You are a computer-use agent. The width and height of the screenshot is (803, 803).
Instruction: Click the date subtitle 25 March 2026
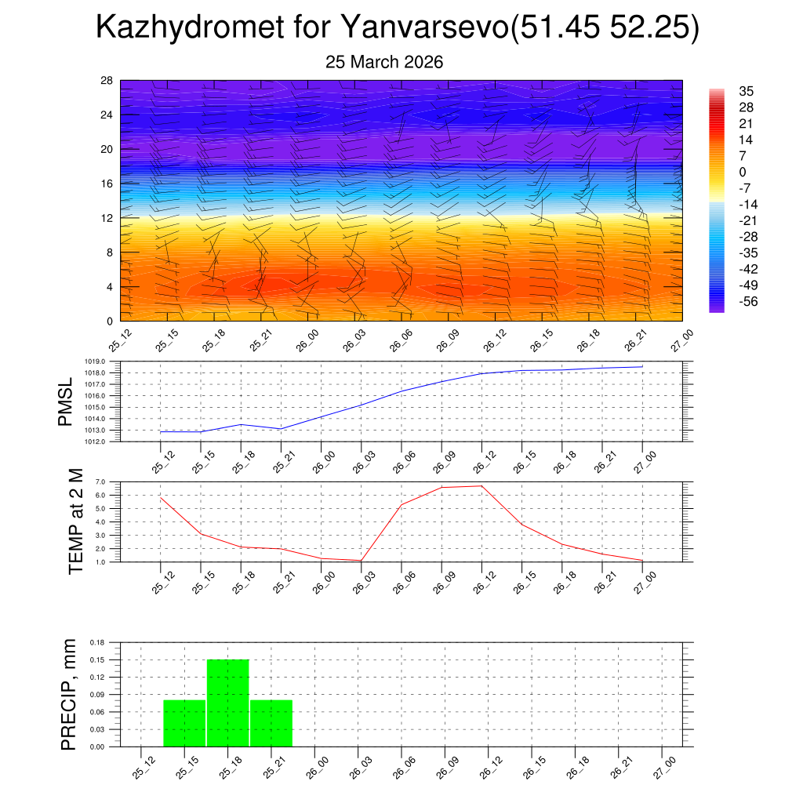pos(384,62)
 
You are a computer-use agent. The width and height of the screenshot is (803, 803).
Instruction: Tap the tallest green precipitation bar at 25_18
pos(227,703)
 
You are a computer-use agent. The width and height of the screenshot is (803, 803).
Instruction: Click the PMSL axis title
pos(66,401)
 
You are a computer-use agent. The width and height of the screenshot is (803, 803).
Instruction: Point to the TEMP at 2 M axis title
pos(76,522)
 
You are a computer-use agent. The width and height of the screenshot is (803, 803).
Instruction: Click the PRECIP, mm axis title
pos(69,694)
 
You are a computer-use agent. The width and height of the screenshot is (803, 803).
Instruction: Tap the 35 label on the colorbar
pos(746,92)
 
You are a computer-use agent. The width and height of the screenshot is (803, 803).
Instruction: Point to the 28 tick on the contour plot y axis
pos(107,80)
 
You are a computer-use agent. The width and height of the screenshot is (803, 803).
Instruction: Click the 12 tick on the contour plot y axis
pos(107,218)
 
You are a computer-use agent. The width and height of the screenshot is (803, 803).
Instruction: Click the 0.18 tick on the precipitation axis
pos(96,642)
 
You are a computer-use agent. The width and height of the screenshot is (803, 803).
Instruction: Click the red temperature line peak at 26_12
pos(481,486)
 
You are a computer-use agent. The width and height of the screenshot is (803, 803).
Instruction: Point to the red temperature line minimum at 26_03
pos(361,561)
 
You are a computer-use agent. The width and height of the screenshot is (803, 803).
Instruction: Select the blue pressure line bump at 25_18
pos(241,424)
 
